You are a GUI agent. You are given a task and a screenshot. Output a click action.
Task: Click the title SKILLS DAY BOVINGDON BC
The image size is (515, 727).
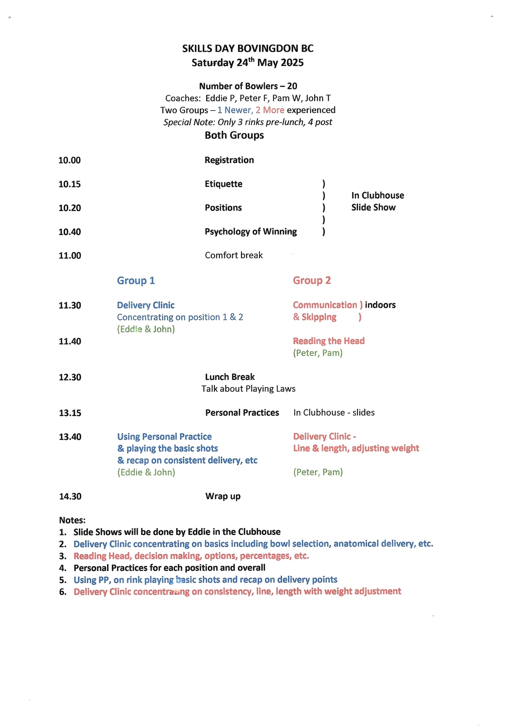(247, 49)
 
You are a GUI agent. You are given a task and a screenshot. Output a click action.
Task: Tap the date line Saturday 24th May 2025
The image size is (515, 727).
(247, 63)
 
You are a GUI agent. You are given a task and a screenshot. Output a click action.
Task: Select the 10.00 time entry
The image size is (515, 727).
(69, 160)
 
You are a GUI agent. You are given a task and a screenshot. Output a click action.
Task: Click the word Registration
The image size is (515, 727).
(229, 160)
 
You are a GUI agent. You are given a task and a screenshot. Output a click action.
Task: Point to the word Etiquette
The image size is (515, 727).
(223, 184)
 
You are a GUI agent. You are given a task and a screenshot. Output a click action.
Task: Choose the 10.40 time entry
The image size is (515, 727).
(69, 232)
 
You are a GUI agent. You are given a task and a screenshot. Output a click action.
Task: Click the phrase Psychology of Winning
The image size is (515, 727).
(250, 232)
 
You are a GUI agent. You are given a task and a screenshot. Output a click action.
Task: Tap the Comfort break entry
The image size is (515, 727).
(233, 256)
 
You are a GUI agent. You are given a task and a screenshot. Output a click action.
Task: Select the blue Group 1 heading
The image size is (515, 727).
(136, 281)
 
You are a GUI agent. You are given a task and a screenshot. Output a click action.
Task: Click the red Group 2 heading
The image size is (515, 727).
(312, 281)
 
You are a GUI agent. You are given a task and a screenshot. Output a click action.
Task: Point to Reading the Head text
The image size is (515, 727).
(329, 341)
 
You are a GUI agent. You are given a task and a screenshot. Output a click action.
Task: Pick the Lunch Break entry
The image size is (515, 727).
(229, 377)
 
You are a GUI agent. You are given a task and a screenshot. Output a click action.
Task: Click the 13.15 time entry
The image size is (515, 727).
(70, 413)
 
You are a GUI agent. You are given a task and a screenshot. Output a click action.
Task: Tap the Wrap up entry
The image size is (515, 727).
(223, 496)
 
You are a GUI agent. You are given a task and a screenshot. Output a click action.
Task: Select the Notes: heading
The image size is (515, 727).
(72, 520)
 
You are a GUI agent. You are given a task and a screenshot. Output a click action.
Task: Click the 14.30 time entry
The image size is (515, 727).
(70, 496)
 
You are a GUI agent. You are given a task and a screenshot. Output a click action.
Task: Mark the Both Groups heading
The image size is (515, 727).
(234, 135)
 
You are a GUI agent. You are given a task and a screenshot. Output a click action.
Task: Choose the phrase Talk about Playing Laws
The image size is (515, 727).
(248, 389)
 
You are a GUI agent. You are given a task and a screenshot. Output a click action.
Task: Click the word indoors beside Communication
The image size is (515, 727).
(380, 305)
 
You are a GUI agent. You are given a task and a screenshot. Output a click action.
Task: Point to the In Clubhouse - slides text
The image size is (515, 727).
(334, 413)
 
